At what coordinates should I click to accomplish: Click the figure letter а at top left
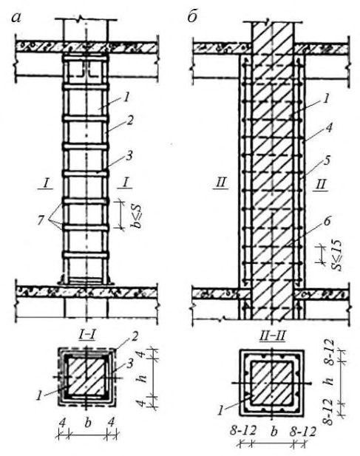click(16, 18)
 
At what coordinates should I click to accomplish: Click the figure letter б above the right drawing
click(192, 16)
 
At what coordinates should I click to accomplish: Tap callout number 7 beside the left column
click(41, 220)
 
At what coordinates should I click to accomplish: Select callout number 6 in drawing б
click(327, 221)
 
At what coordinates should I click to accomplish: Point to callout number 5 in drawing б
click(327, 161)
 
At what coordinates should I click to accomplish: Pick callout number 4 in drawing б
click(329, 129)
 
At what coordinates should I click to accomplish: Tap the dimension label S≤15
click(337, 256)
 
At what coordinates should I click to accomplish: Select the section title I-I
click(87, 336)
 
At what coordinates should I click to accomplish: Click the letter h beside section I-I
click(141, 378)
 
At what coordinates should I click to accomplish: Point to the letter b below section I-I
click(87, 423)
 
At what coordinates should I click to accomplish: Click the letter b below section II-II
click(273, 432)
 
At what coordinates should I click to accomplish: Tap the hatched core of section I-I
click(86, 377)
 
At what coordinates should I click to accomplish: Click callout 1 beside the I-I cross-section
click(39, 396)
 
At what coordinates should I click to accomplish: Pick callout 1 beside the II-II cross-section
click(222, 410)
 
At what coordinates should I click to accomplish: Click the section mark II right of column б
click(321, 184)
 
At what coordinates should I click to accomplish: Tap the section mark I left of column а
click(46, 183)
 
